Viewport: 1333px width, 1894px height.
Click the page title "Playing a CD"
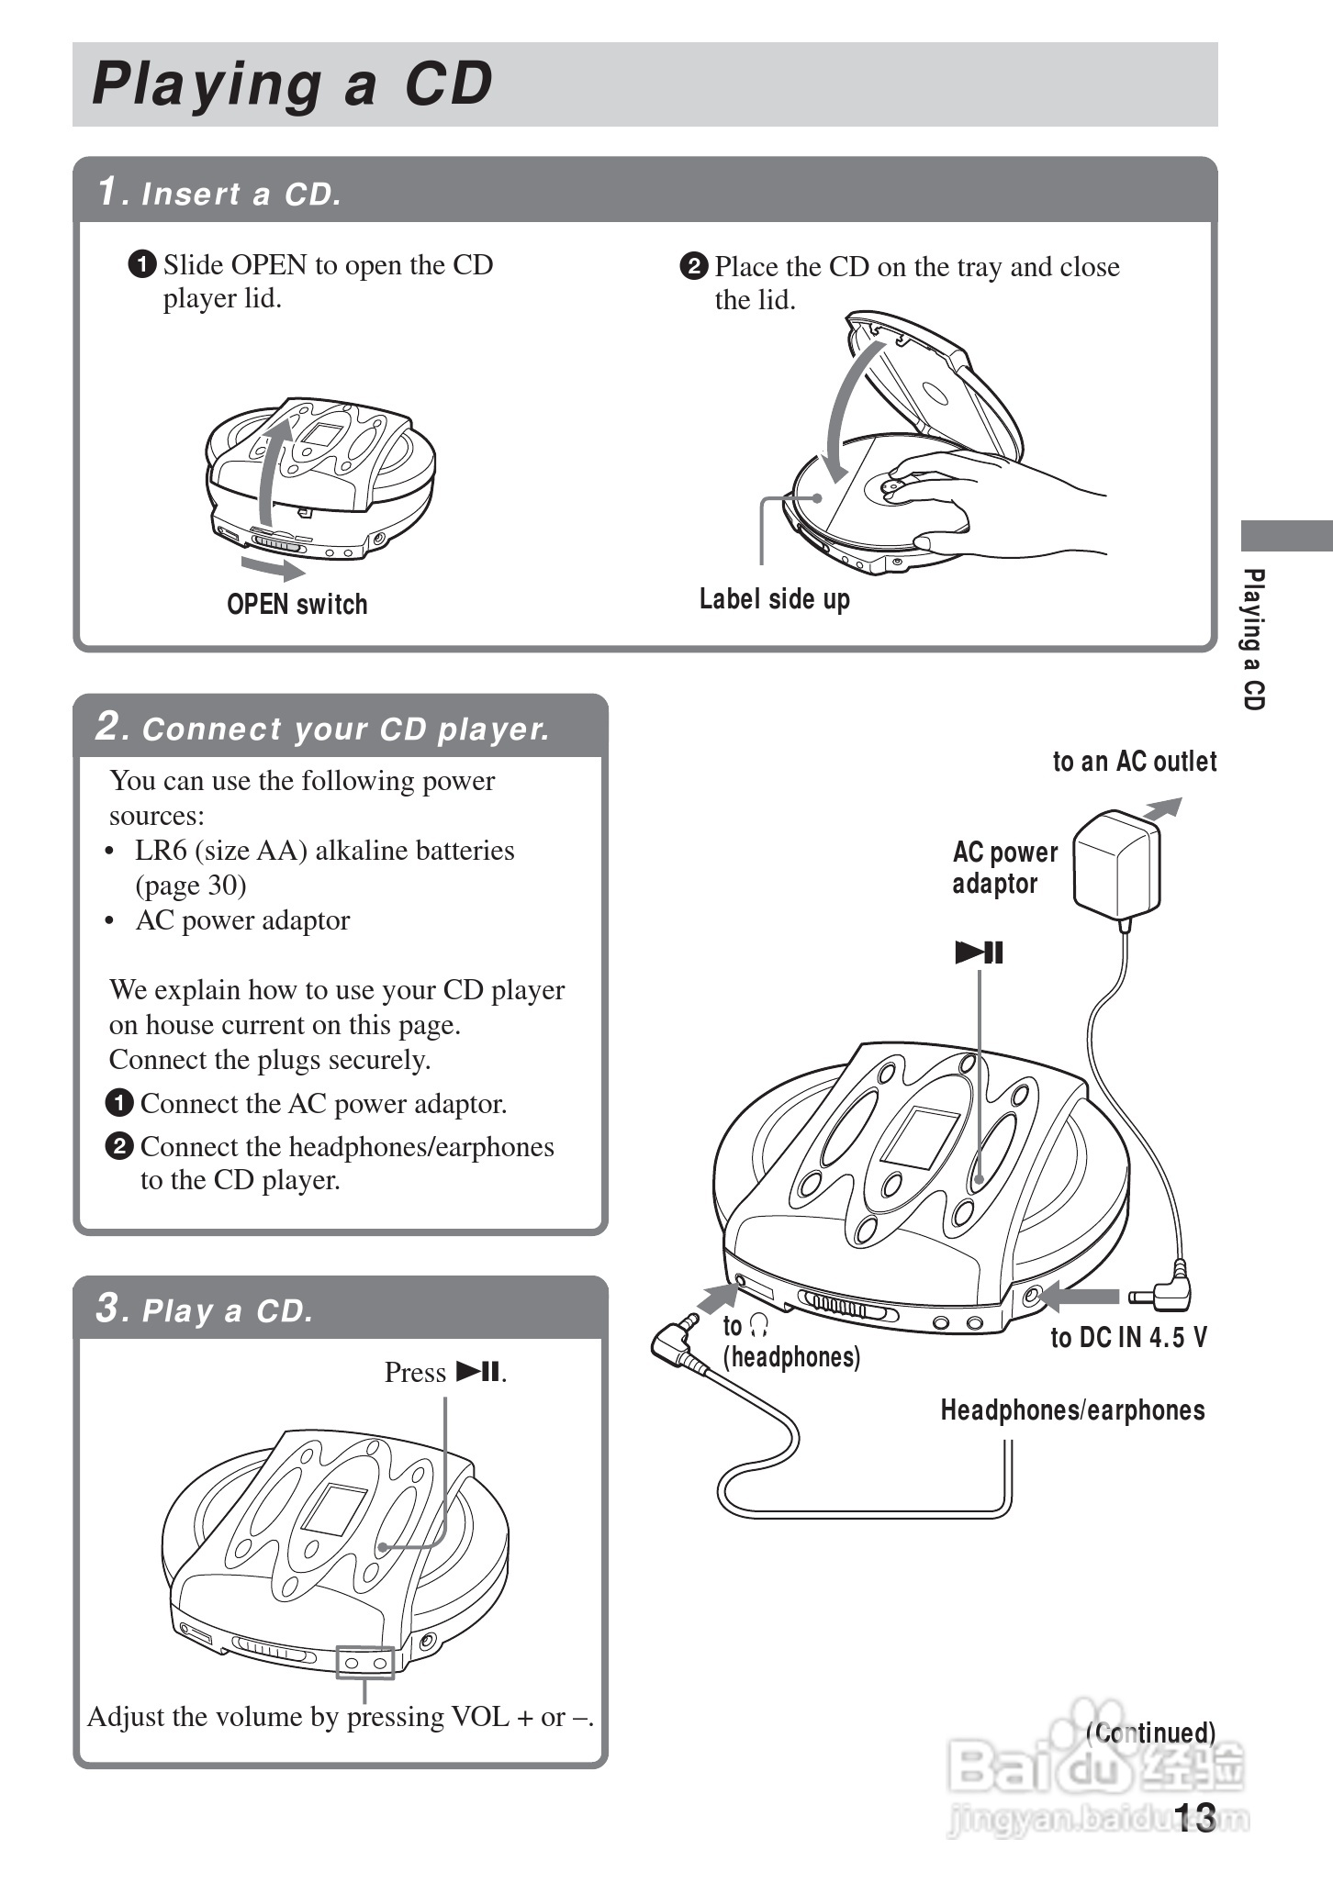tap(292, 84)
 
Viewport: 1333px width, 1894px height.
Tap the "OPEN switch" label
tap(297, 604)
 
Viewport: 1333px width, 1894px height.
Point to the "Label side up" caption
tap(774, 599)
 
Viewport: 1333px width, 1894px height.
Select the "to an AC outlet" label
tap(1134, 762)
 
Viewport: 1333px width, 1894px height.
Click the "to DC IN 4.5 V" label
tap(1128, 1338)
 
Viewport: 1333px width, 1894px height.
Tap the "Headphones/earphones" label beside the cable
tap(1072, 1409)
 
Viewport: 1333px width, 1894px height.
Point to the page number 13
tap(1194, 1817)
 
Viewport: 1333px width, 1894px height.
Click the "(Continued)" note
tap(1150, 1732)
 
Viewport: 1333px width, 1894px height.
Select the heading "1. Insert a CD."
tap(220, 193)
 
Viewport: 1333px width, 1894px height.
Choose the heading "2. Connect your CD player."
tap(322, 728)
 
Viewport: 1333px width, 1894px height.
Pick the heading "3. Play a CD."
tap(205, 1309)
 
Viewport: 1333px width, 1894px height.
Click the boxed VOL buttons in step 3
tap(365, 1663)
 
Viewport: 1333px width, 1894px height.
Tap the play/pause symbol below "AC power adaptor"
tap(979, 953)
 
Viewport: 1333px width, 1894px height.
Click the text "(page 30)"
tap(191, 886)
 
